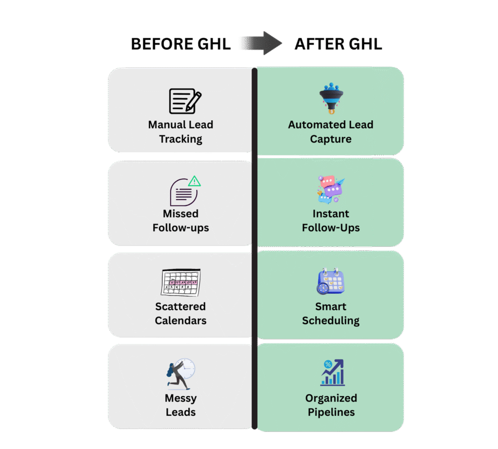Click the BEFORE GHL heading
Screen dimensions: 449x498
tap(180, 44)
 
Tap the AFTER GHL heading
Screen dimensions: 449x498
tap(338, 44)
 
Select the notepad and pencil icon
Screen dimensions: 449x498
tap(184, 101)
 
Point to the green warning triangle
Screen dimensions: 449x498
tap(194, 181)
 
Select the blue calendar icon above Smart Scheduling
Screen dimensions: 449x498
tap(331, 281)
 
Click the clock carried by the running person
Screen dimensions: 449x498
tap(186, 368)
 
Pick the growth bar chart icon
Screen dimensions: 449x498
tap(333, 373)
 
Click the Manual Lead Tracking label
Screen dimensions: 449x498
tap(180, 131)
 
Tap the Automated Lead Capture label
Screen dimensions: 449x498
tap(331, 131)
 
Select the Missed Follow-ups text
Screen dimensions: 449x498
tap(180, 221)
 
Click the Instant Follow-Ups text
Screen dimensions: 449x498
tap(331, 221)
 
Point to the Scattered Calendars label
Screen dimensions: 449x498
tap(180, 313)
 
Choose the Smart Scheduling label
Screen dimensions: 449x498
tap(331, 313)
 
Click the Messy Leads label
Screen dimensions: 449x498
tap(180, 405)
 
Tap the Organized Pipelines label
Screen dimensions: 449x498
tap(331, 405)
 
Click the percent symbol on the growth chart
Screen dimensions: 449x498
tap(327, 364)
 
